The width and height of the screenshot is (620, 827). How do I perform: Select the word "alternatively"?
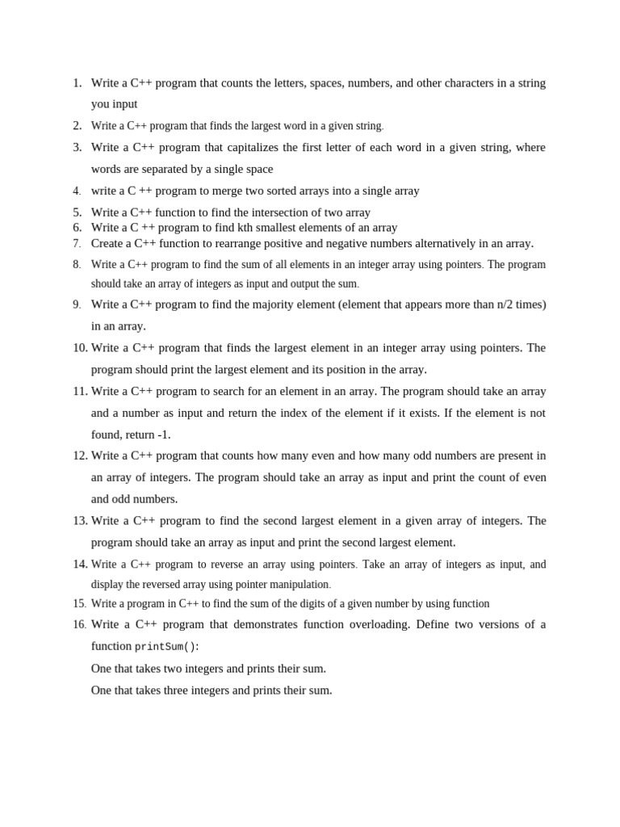[425, 243]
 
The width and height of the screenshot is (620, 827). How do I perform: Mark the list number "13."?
[80, 521]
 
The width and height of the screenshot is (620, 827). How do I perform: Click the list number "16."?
[79, 624]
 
